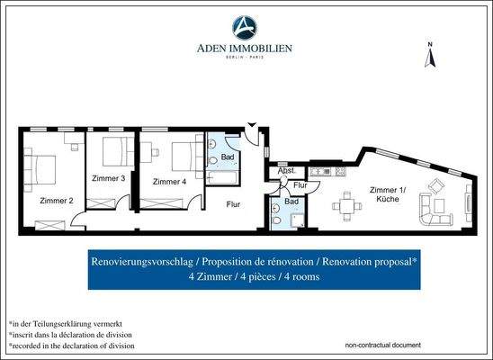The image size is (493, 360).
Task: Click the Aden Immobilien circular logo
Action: [246, 26]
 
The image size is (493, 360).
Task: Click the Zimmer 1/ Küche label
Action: [388, 193]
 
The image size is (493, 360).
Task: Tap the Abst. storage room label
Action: [287, 170]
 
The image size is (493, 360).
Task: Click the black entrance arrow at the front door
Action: [253, 125]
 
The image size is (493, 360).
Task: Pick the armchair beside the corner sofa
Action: [435, 187]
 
